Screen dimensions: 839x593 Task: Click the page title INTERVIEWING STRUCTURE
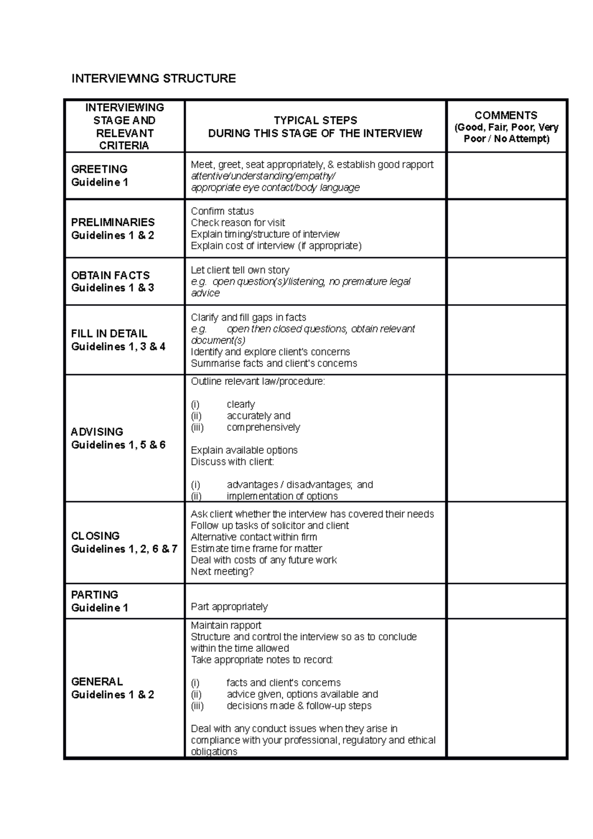coord(154,79)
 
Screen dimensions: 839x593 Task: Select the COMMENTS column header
coord(506,116)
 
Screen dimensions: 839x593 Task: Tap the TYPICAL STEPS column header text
coord(315,121)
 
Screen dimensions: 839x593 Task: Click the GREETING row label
coord(99,169)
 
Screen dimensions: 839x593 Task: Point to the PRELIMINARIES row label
coord(113,222)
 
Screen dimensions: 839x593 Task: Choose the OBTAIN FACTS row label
coord(110,275)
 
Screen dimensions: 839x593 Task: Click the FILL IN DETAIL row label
coord(109,334)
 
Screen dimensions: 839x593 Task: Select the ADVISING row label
coord(97,432)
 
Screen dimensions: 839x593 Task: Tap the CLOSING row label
coord(95,536)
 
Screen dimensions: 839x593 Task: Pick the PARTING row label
coord(94,595)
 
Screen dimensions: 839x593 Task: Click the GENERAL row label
coord(97,682)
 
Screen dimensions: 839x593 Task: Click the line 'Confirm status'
coord(222,211)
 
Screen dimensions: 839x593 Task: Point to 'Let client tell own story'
coord(240,270)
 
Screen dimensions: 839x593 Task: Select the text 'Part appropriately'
coord(229,607)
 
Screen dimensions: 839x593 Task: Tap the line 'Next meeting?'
coord(222,572)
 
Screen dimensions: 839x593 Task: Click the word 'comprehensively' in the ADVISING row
coord(263,427)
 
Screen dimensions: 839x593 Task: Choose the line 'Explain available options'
coord(244,451)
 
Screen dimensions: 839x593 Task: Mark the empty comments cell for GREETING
coord(507,176)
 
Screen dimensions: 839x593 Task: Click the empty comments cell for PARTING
coord(507,601)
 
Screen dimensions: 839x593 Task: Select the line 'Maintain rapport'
coord(226,626)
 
